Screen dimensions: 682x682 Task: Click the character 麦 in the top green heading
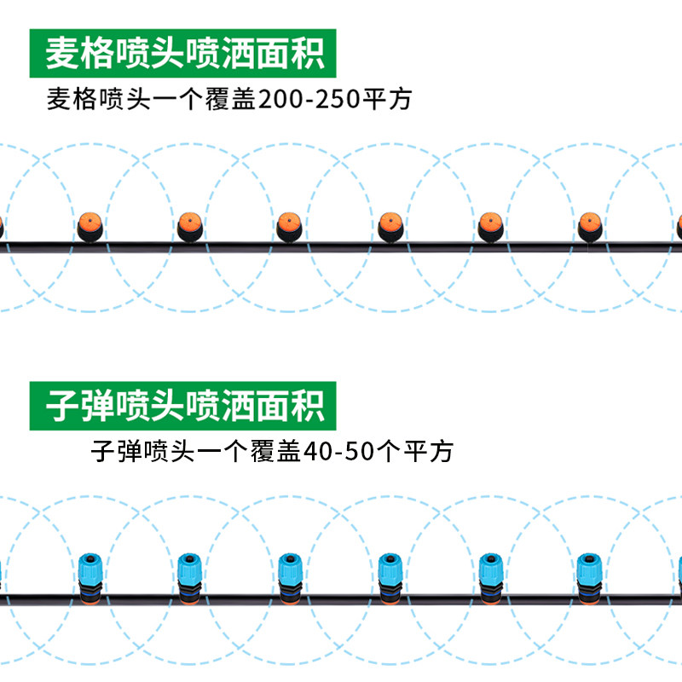point(62,53)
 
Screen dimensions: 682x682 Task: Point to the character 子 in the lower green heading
point(62,404)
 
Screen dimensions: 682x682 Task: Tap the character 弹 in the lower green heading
point(97,404)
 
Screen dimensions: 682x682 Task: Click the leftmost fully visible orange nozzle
point(90,227)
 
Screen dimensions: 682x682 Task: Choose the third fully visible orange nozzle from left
point(289,227)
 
